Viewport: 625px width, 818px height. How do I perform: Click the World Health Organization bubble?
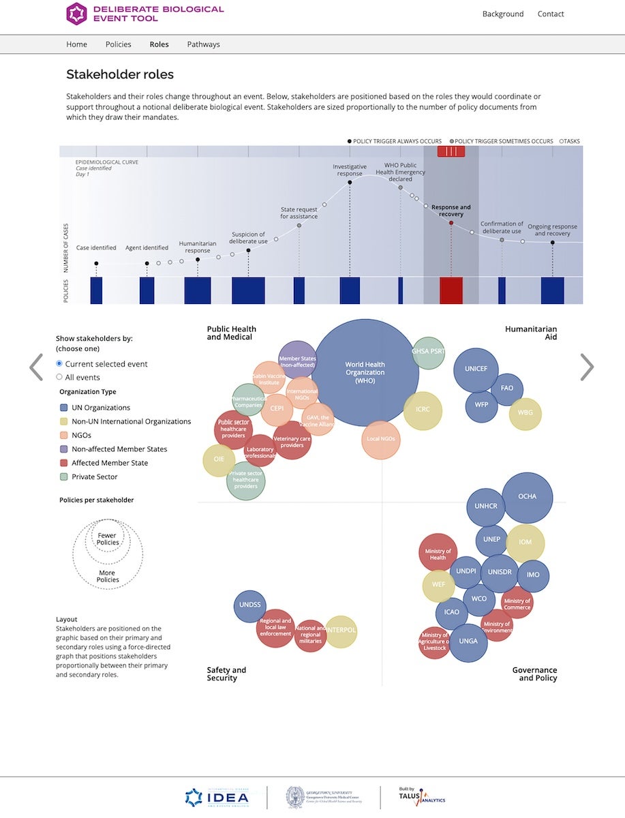click(365, 373)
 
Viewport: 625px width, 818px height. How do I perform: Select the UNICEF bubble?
click(476, 369)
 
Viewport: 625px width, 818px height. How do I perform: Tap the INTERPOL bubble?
click(341, 631)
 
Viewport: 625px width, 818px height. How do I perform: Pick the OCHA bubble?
click(527, 497)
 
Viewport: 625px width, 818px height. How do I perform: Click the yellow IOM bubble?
click(525, 543)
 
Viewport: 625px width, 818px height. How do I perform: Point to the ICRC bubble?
click(423, 410)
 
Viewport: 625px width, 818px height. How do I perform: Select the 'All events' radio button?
click(59, 377)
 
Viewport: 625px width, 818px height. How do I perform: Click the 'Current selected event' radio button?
click(59, 364)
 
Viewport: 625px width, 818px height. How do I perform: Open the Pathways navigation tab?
click(203, 44)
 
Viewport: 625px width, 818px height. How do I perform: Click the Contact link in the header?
click(550, 14)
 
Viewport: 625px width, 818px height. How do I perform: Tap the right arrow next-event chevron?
click(586, 367)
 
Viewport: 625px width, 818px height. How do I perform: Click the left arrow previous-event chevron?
click(36, 367)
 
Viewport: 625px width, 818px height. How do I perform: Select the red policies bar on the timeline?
click(451, 290)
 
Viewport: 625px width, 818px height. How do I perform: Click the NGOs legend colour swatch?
click(63, 436)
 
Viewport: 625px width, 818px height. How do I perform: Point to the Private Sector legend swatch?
click(63, 477)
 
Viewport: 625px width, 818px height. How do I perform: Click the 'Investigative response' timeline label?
click(350, 170)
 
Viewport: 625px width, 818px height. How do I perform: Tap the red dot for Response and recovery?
click(451, 223)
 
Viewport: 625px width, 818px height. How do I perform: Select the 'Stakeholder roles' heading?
click(120, 75)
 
